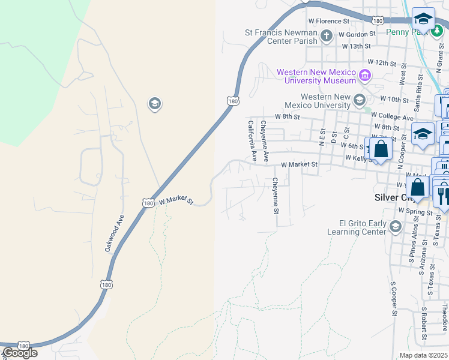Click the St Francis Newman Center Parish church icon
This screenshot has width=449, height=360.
coord(327,36)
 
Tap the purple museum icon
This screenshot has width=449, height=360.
coord(365,75)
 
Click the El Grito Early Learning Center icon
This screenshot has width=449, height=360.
coord(395,226)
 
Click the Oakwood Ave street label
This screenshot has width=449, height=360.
coord(115,233)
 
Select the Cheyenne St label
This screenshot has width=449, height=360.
coord(276,196)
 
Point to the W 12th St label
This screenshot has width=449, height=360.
coord(382,62)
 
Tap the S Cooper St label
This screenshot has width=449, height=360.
coord(394,299)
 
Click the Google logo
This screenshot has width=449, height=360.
coord(19,353)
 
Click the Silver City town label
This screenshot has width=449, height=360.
coord(388,197)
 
